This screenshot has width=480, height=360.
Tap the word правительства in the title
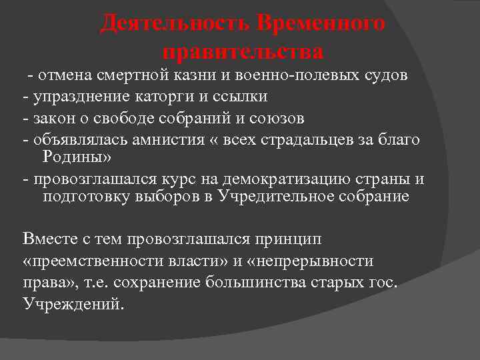pyautogui.click(x=243, y=51)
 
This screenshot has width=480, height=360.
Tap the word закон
pyautogui.click(x=53, y=119)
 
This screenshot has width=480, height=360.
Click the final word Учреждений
pyautogui.click(x=73, y=304)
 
